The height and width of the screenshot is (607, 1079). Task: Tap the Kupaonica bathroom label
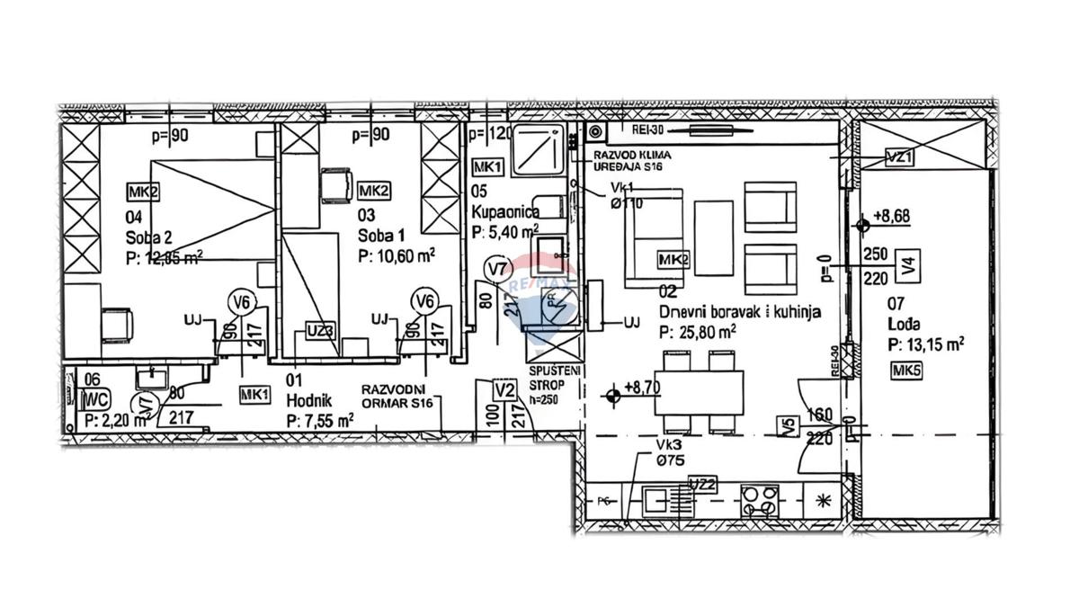(504, 211)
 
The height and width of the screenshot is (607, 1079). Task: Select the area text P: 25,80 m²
(698, 332)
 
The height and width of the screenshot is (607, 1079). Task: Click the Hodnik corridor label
(309, 399)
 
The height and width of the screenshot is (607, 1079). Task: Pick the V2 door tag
(504, 390)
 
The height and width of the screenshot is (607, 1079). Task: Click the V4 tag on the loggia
(910, 265)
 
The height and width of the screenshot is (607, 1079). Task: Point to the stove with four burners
(761, 499)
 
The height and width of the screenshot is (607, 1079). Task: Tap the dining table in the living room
(700, 393)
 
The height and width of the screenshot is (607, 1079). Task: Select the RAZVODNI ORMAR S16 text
(398, 397)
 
